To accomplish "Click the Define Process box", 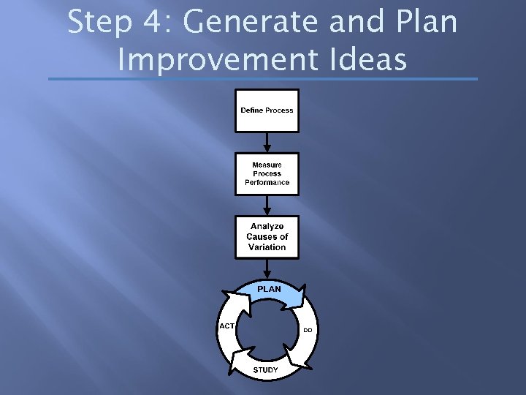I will [267, 110].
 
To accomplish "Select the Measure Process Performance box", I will [267, 174].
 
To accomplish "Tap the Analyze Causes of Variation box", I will [267, 237].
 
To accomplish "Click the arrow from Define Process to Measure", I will [267, 142].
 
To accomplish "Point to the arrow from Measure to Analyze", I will [267, 206].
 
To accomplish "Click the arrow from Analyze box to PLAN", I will [267, 268].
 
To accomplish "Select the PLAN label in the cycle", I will [269, 289].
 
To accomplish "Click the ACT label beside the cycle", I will [226, 326].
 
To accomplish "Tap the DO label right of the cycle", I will [308, 330].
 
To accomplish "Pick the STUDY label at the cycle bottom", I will [265, 370].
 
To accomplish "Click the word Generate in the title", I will [253, 23].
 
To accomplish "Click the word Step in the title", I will [100, 23].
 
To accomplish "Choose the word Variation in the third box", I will [267, 247].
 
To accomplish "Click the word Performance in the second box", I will [267, 183].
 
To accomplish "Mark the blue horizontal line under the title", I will [263, 79].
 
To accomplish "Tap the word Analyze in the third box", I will [267, 226].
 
